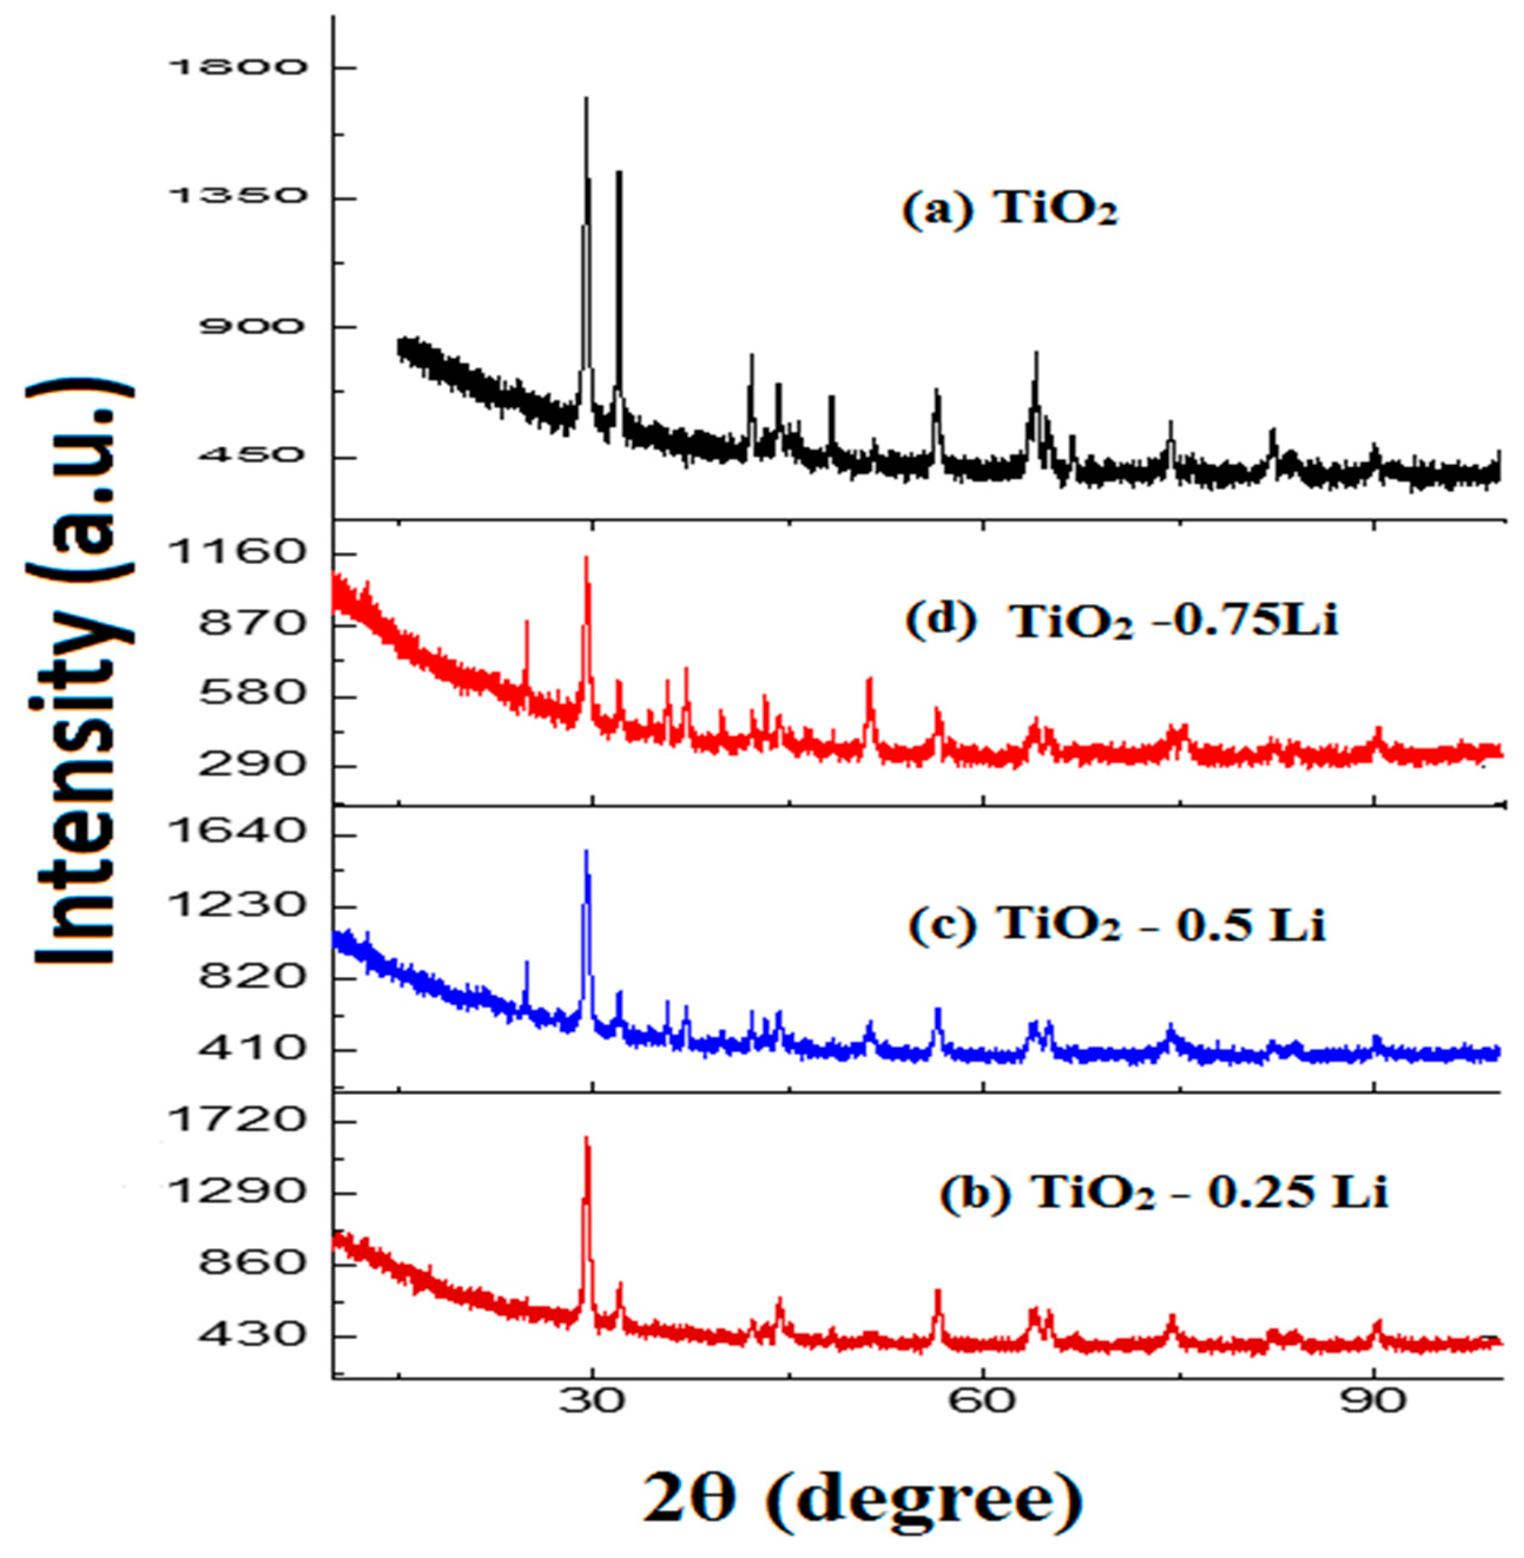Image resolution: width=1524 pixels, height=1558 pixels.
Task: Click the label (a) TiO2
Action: pos(1010,212)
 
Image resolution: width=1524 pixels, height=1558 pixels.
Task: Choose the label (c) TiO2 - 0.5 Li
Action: pos(1117,926)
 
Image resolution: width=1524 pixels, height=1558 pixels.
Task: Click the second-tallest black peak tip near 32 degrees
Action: pos(618,172)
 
